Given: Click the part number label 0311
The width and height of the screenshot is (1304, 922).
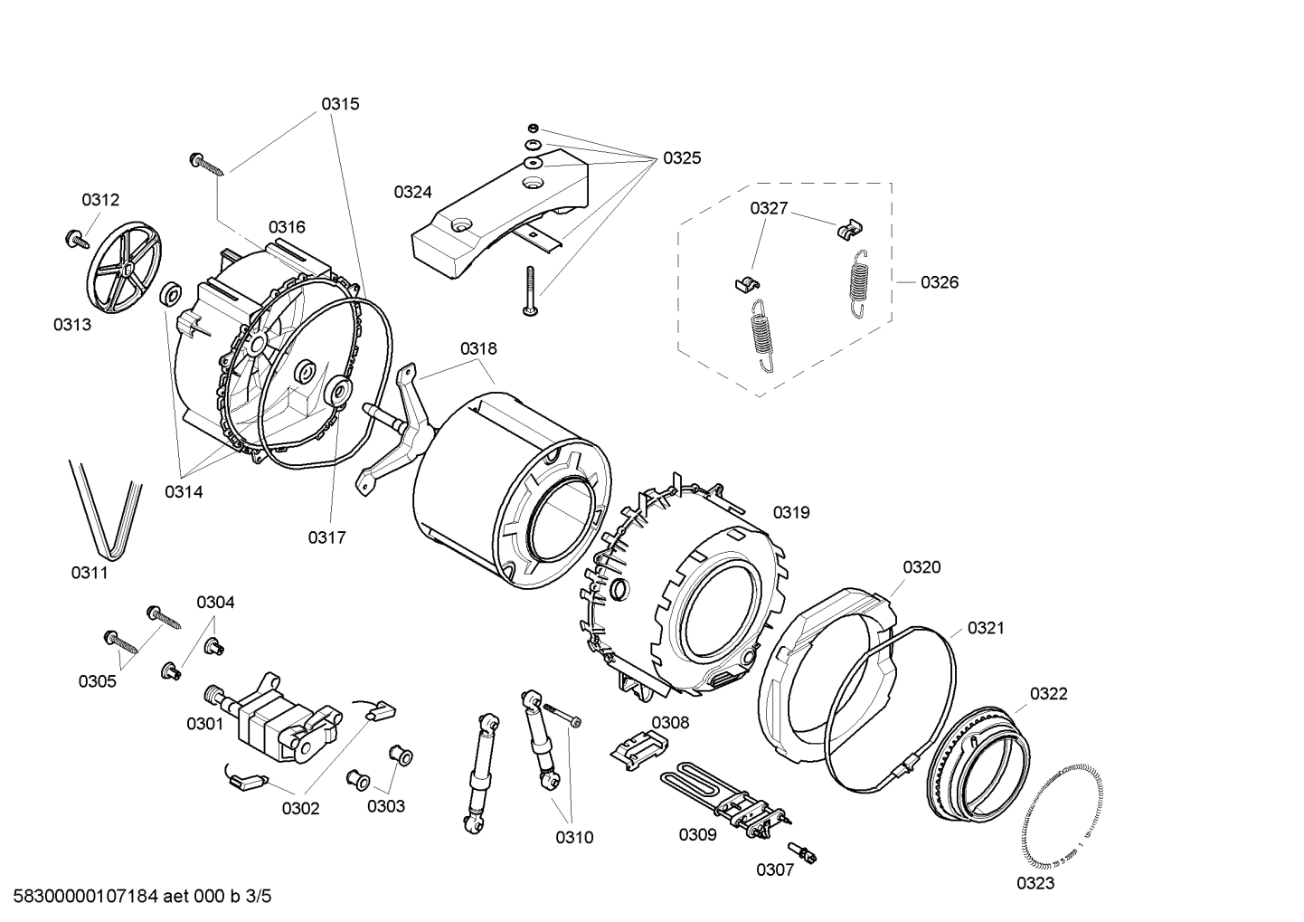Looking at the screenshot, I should point(90,572).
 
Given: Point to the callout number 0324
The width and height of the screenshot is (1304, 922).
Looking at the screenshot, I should point(412,192).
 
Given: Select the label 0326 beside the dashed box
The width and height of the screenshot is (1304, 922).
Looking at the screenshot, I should point(940,282).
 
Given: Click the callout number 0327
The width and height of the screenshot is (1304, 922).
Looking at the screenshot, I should point(769,208).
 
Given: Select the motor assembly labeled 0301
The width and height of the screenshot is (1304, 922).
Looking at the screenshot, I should point(271,717).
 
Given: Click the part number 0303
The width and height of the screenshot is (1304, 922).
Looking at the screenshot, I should point(386,806).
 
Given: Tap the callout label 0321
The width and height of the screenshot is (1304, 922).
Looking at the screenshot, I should point(986,628).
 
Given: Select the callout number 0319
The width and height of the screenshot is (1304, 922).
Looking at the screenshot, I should point(791,512).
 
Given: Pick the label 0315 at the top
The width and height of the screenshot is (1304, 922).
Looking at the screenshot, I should point(340,104).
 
